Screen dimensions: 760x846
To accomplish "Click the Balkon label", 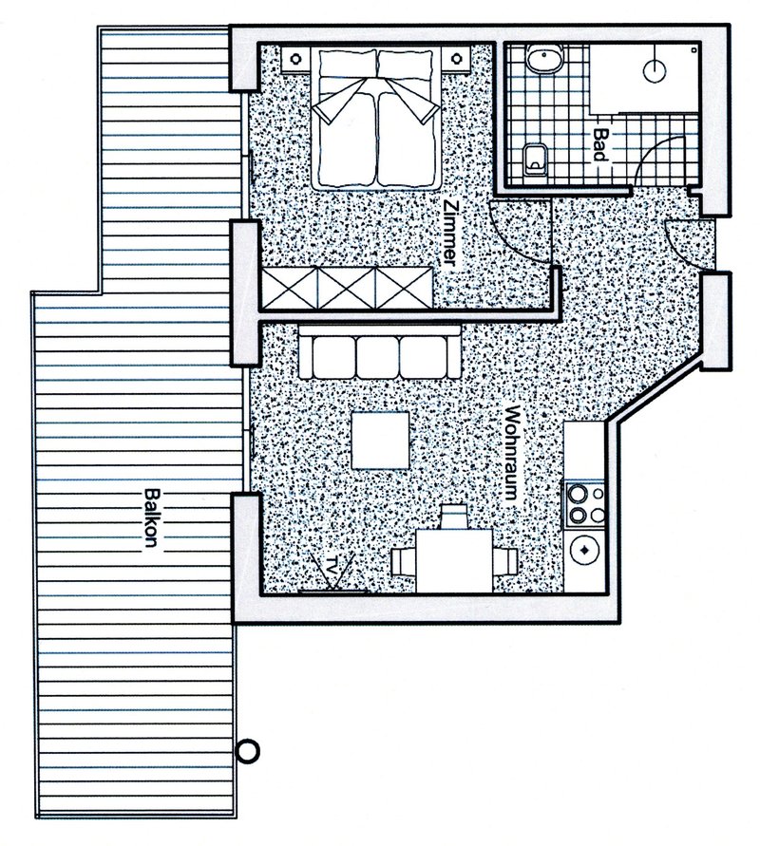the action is (x=153, y=518).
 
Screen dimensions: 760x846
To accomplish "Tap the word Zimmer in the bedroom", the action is (x=450, y=235).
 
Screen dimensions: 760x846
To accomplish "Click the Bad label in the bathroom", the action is (x=600, y=144).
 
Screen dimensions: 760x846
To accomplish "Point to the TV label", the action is (x=333, y=566).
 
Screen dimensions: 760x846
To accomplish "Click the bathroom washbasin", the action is (x=545, y=58).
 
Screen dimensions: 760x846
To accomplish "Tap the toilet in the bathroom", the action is (x=536, y=160).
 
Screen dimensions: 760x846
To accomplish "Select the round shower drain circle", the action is (x=655, y=70).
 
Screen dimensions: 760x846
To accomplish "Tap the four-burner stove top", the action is (x=584, y=503).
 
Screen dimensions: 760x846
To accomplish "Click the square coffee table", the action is (x=381, y=441).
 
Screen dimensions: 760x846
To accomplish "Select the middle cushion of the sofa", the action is (x=377, y=358).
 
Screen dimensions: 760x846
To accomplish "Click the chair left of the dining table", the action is (x=403, y=562).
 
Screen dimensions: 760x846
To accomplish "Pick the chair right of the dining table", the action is (x=505, y=562).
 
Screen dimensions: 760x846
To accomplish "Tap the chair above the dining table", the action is (x=453, y=517).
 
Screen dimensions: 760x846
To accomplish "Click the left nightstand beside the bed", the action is (x=295, y=59).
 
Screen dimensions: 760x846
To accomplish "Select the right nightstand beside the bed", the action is (x=457, y=58).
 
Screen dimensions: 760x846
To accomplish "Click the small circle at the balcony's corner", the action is (x=248, y=750).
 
